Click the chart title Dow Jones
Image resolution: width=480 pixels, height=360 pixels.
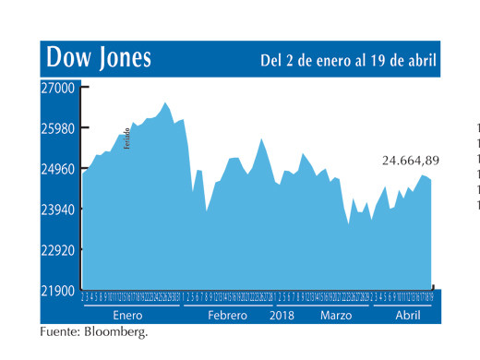(99, 59)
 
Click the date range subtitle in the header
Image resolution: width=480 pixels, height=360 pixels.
(349, 61)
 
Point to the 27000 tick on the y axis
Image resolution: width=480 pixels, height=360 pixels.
(59, 88)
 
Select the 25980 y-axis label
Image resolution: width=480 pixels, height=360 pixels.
(59, 128)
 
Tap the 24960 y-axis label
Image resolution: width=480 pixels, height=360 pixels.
(59, 169)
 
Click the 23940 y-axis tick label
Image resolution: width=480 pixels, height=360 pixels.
(59, 210)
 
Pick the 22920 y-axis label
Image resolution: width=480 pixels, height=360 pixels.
(59, 250)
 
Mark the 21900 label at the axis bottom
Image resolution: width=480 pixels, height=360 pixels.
(59, 291)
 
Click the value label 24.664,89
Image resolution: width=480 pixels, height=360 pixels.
(411, 160)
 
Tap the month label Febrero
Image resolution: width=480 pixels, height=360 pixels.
(227, 315)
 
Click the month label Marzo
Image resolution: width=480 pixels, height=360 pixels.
(336, 315)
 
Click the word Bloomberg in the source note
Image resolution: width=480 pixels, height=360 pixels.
(116, 330)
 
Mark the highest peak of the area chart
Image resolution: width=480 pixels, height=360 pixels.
(165, 102)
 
